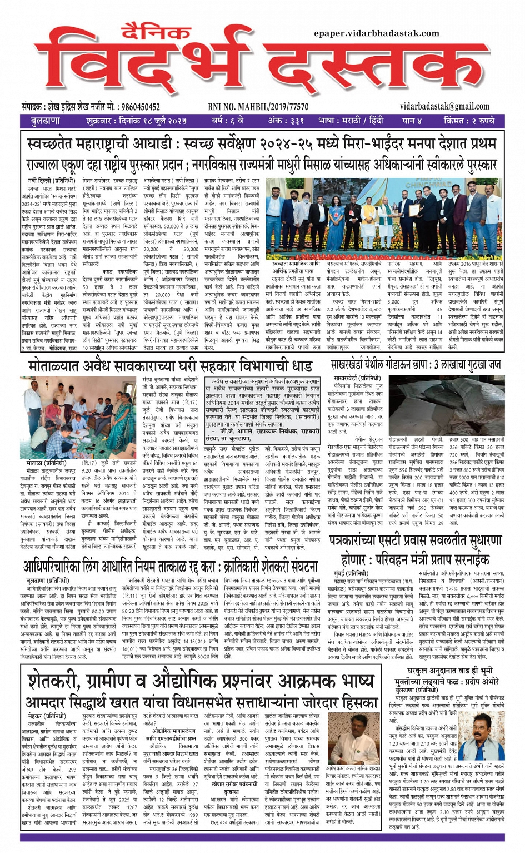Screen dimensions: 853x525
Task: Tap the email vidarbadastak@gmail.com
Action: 444,107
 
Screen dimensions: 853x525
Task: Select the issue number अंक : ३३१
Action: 286,121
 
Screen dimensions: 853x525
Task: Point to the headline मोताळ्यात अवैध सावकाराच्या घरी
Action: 170,367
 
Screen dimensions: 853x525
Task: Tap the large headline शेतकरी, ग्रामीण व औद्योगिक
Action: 200,681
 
